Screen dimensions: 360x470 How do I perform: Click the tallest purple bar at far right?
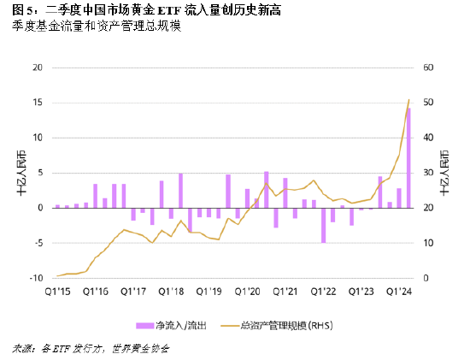click(408, 157)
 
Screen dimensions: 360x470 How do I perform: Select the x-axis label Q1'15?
click(57, 291)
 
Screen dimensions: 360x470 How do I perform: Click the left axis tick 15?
click(38, 103)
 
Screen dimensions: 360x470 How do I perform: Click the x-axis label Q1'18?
click(171, 291)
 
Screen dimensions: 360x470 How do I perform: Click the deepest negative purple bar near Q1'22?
click(324, 225)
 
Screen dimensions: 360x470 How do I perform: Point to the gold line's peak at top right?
click(409, 100)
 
